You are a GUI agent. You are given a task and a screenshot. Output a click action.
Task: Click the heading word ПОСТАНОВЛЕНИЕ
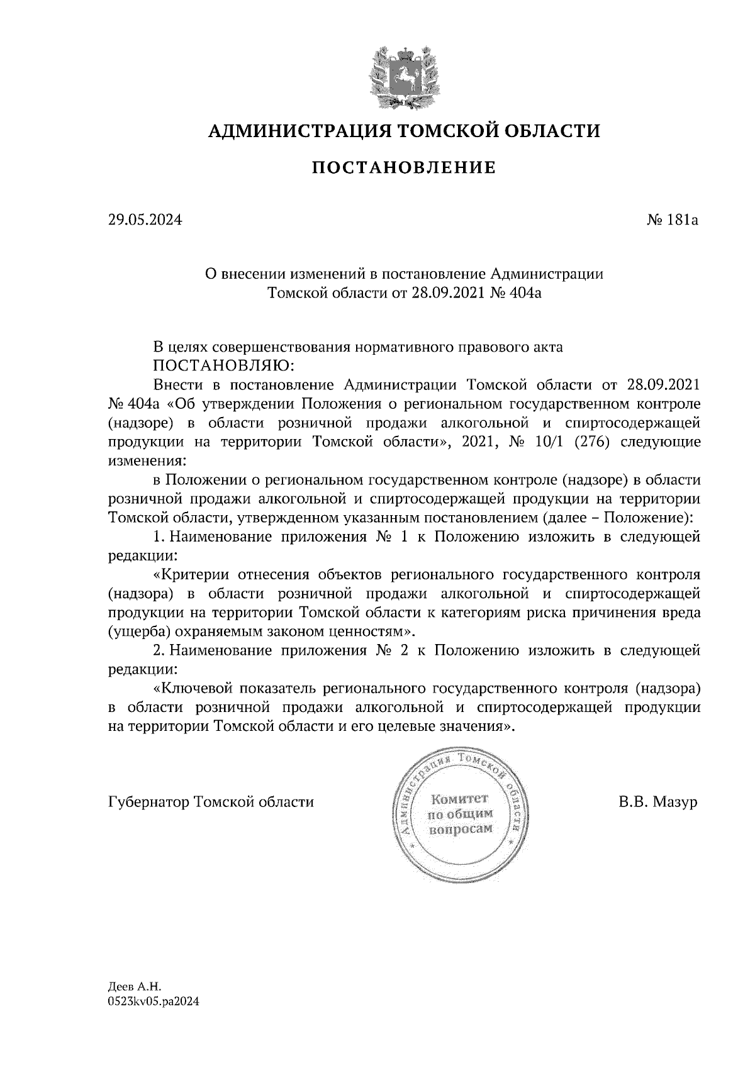pos(403,168)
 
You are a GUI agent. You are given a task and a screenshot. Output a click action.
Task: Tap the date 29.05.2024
pos(145,221)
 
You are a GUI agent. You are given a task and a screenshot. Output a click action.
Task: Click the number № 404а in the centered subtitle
pos(515,292)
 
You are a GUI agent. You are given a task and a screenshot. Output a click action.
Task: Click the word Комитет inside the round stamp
pos(459,799)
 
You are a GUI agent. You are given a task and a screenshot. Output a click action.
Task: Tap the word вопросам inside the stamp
pos(459,830)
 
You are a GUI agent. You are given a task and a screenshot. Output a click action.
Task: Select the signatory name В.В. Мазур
pos(658,803)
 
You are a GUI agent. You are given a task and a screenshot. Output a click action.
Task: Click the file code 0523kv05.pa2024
pos(154,1003)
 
